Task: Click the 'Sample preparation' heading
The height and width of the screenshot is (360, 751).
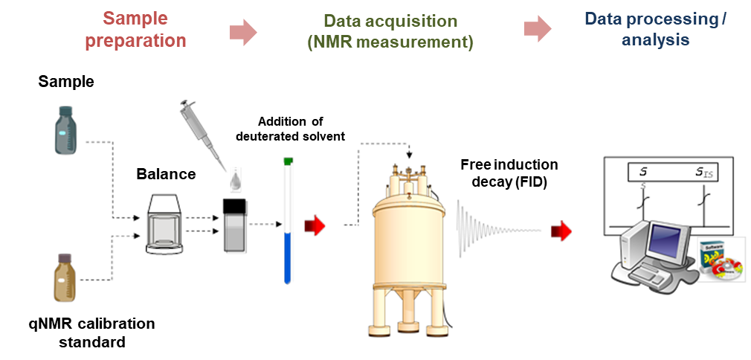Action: coord(135,29)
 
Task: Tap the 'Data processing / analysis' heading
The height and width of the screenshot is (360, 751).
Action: coord(655,29)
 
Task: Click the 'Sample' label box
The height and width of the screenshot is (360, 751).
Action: coord(66,82)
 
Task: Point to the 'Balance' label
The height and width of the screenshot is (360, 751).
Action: coord(166,174)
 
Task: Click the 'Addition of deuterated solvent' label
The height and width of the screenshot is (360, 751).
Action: coord(290,128)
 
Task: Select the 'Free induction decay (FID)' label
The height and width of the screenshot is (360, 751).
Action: coord(509,173)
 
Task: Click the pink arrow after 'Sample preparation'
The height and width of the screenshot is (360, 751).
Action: coord(243,31)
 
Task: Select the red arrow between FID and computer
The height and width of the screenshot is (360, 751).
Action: coord(561,231)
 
